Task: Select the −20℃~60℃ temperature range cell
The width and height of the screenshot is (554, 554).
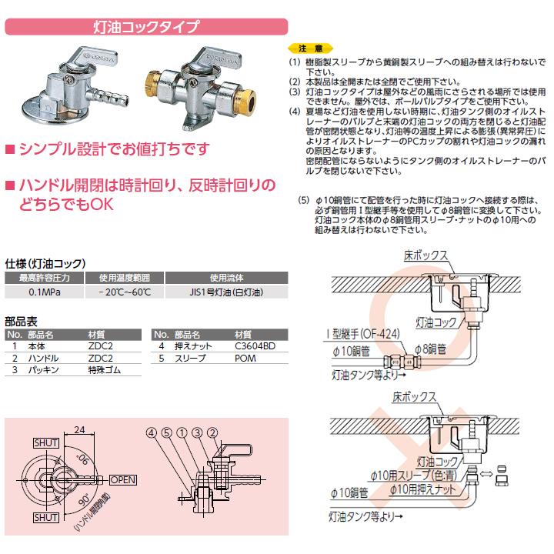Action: coord(118,292)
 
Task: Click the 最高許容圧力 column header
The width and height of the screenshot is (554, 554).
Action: coord(36,279)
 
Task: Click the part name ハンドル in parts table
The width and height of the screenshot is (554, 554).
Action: coord(43,359)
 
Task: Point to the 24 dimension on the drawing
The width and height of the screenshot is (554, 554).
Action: coord(79,432)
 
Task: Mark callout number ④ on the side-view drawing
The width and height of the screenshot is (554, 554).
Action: coord(151,431)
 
